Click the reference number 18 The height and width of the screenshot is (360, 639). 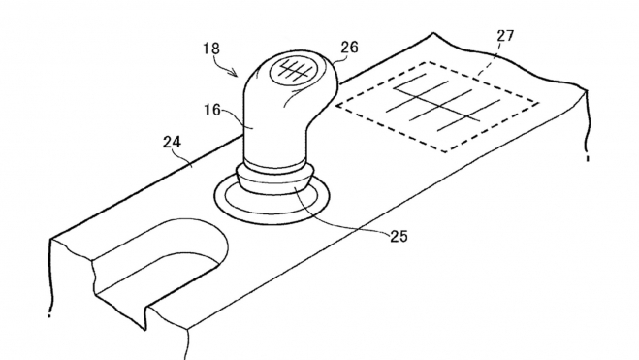211,49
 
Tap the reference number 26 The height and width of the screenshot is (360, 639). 349,48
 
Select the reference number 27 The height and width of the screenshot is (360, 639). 505,36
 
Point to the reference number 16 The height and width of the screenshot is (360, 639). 212,110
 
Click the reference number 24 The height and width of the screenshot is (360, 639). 172,142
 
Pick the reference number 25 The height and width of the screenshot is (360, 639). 399,237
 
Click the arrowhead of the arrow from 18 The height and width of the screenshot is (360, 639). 235,74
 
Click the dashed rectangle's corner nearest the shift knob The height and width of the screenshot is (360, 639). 335,105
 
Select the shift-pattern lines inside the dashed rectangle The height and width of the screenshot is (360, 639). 442,103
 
